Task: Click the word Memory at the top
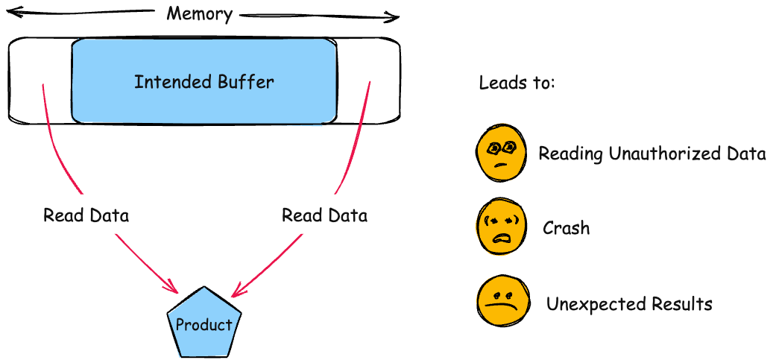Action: (199, 13)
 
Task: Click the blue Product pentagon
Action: (203, 323)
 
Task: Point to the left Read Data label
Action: (86, 216)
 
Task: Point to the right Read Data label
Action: (324, 216)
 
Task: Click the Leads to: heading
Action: (517, 83)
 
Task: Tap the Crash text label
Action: (566, 227)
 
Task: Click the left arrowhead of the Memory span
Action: (12, 11)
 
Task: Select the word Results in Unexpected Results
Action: (678, 304)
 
